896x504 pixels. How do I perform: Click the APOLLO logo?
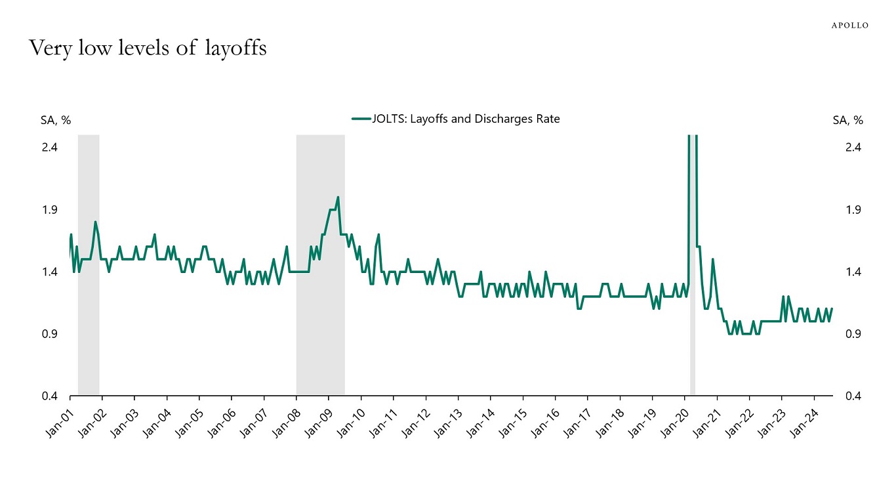(849, 25)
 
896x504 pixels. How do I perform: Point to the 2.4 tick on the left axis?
(50, 147)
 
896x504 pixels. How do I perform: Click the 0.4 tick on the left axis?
(50, 396)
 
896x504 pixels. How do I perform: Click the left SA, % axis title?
(56, 120)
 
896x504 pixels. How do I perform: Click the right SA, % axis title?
(847, 120)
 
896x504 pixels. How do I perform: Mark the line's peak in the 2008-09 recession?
(338, 197)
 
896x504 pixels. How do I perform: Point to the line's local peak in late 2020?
(712, 259)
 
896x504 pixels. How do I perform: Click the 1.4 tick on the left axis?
(50, 272)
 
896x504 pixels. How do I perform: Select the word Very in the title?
(48, 48)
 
